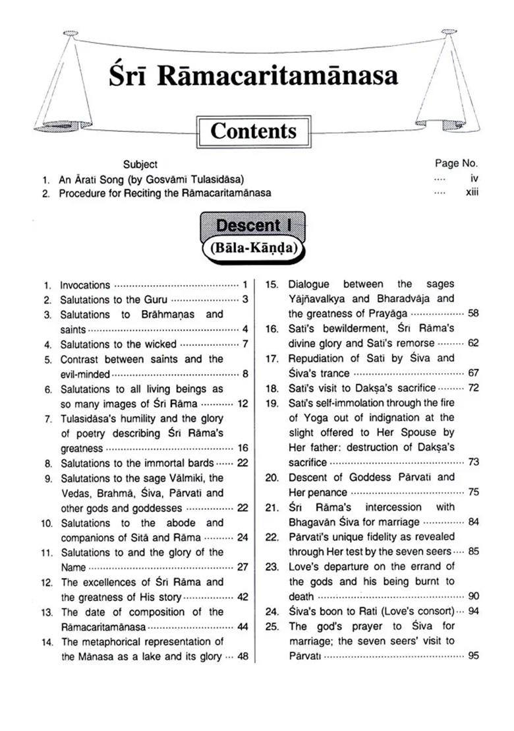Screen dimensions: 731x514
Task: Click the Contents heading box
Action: tap(253, 131)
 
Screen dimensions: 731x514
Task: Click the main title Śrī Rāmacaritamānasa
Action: tap(254, 75)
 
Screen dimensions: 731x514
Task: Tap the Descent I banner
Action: tap(254, 226)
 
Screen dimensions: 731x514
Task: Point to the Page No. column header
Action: tap(457, 163)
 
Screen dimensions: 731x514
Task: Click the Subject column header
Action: tap(140, 164)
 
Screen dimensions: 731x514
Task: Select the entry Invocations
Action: tap(85, 285)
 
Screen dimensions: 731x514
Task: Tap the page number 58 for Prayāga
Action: tap(472, 313)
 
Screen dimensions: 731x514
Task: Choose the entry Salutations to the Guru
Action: tap(113, 300)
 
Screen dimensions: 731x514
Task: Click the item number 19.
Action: tap(273, 402)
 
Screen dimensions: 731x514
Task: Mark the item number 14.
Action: tap(47, 641)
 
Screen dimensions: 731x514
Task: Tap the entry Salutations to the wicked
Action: tap(119, 344)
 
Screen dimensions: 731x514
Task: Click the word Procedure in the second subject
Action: tap(81, 193)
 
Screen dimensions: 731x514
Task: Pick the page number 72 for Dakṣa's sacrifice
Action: tap(472, 387)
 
